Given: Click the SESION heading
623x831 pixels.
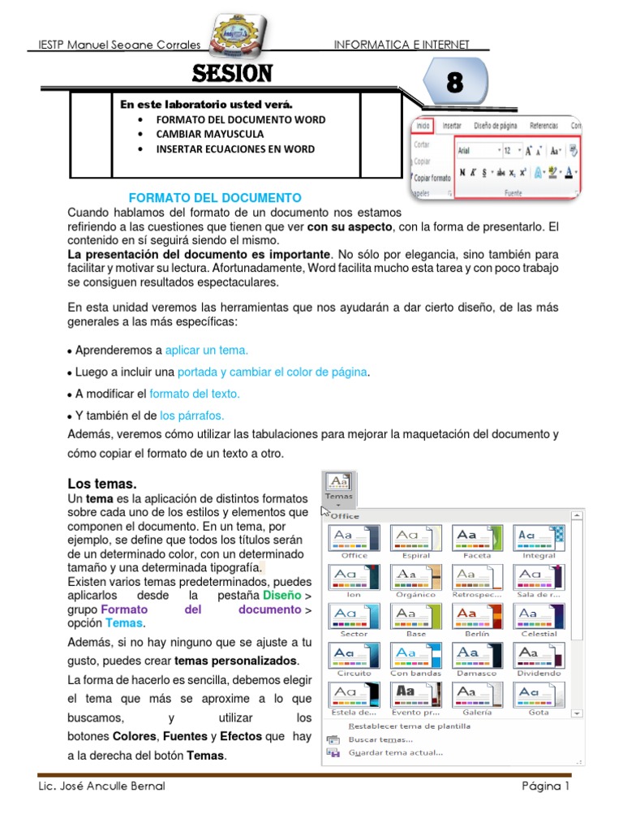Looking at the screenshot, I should click(x=232, y=75).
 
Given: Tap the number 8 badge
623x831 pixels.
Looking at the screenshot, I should click(x=456, y=83).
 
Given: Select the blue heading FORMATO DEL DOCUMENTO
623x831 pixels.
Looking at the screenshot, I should click(x=215, y=198).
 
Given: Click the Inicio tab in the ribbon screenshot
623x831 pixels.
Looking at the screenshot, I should click(x=423, y=126).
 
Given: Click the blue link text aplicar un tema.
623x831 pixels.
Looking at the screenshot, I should click(x=207, y=351).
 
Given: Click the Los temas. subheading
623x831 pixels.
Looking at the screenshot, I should click(x=101, y=484).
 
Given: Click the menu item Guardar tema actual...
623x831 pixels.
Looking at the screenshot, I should click(x=395, y=752).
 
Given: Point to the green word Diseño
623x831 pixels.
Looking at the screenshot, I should click(x=276, y=595).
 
